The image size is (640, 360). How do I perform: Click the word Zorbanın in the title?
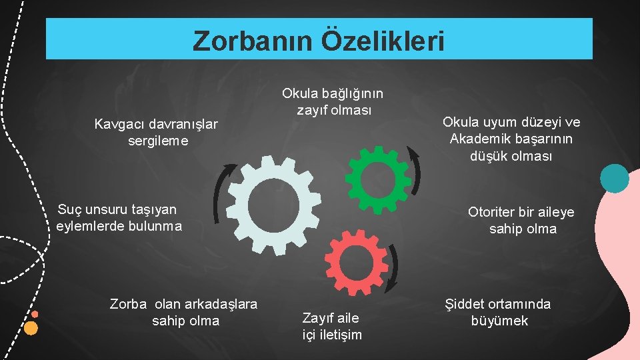coord(253,41)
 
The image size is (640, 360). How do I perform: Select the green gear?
coord(379,176)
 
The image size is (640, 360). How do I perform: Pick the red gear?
coord(357,262)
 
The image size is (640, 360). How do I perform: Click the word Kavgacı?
coord(118,124)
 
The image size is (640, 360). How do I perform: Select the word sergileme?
coord(158,141)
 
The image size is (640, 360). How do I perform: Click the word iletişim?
coord(340,334)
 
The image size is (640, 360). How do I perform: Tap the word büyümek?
coord(499,321)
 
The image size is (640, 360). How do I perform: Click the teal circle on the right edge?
coord(614,178)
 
